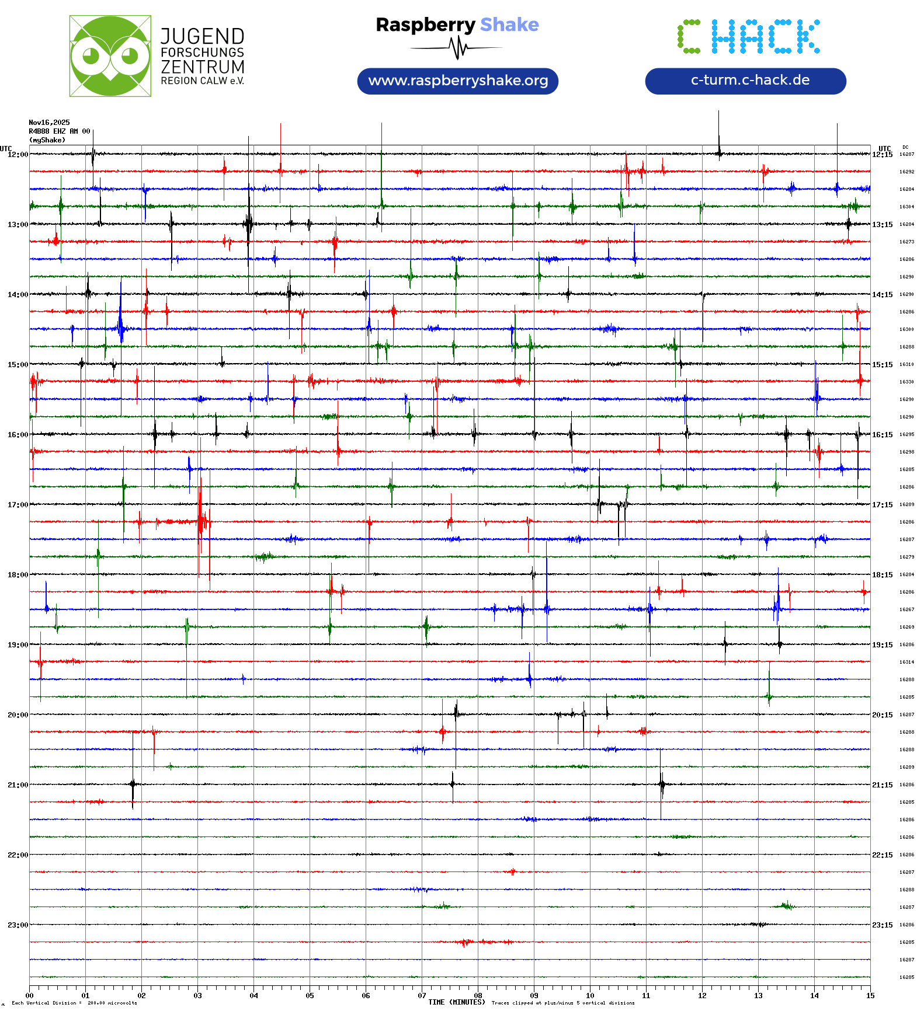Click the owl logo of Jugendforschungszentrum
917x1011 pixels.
click(110, 56)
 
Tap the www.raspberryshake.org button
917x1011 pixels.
click(457, 81)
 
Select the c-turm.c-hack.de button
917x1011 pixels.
click(745, 81)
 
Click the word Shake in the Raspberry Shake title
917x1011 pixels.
click(509, 25)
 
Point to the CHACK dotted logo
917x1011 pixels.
click(748, 37)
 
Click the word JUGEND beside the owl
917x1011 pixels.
click(202, 36)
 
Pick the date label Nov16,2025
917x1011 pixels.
click(49, 123)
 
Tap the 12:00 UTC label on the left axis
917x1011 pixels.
click(18, 155)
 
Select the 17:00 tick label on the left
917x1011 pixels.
click(18, 505)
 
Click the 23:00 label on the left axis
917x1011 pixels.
click(18, 925)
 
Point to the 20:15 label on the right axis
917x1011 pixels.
click(882, 715)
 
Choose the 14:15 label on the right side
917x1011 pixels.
click(882, 295)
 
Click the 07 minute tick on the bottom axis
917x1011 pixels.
click(422, 996)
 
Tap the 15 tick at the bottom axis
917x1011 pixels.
click(870, 996)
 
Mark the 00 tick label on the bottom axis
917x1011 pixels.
click(30, 996)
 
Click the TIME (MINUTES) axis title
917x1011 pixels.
click(456, 1002)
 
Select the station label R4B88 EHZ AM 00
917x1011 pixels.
click(59, 131)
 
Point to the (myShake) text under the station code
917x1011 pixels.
click(47, 140)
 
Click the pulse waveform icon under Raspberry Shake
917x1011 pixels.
click(457, 48)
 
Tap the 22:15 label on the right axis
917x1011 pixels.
click(882, 855)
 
